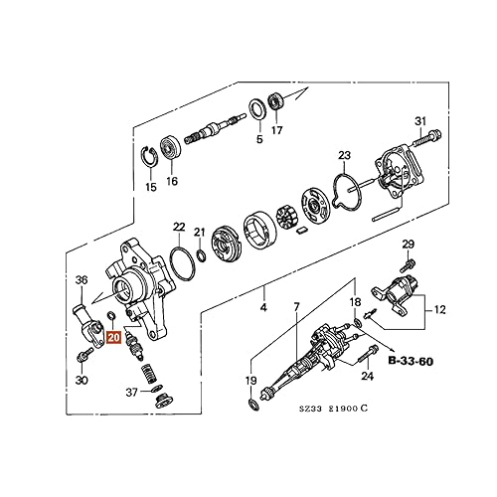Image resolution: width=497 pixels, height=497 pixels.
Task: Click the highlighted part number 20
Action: click(x=113, y=337)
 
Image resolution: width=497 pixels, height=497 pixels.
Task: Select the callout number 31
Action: click(x=420, y=121)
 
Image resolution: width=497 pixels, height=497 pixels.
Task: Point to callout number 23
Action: click(x=344, y=155)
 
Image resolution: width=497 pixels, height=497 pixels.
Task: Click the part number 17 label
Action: click(x=276, y=130)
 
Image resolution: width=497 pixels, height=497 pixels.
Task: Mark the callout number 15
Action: click(x=151, y=187)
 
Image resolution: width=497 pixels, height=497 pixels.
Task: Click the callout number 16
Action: click(x=173, y=182)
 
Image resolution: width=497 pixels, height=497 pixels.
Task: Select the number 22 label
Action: click(x=179, y=227)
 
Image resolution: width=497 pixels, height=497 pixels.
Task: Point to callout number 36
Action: click(x=82, y=280)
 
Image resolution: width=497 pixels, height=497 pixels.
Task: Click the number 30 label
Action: click(x=82, y=381)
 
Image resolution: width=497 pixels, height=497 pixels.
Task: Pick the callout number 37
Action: click(x=131, y=391)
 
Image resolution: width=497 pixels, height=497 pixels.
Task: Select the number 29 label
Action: click(x=408, y=245)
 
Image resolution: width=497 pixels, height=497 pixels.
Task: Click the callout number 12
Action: click(x=437, y=311)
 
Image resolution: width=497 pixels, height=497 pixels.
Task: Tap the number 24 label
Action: click(x=367, y=376)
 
